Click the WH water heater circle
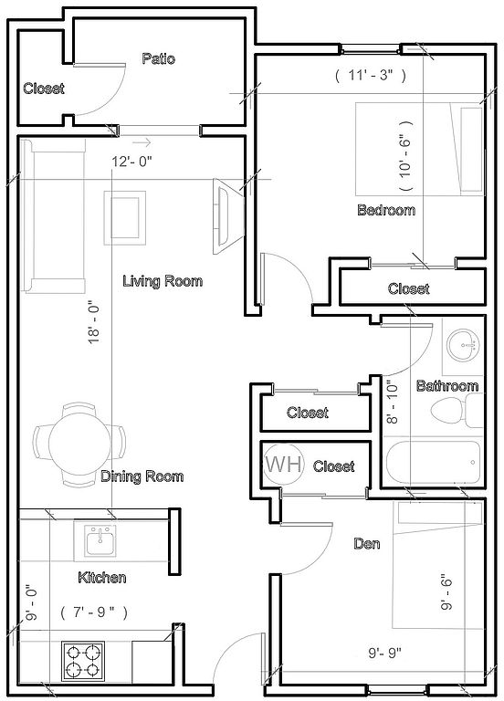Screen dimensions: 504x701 tap(284, 464)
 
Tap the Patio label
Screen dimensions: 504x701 tap(158, 58)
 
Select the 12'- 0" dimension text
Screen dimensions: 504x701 tap(131, 162)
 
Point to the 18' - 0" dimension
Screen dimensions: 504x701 tap(94, 324)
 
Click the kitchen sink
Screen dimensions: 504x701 tap(100, 539)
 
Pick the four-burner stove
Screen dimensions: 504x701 tap(83, 661)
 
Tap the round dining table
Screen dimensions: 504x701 tap(79, 444)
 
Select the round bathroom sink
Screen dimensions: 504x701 tap(463, 345)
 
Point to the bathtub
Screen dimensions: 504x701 tap(433, 463)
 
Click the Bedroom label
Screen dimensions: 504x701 tap(386, 210)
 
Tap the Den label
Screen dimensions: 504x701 tap(367, 544)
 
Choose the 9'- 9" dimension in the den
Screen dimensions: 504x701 tap(384, 654)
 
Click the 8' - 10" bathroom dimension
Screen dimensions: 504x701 tap(392, 402)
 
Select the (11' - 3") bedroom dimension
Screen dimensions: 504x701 tap(371, 75)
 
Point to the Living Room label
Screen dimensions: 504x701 tap(163, 281)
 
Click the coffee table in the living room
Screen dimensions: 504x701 tap(125, 218)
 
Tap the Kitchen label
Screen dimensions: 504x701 tap(102, 577)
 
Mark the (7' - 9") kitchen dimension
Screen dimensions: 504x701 tap(94, 612)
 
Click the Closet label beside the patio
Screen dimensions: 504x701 tap(44, 88)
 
